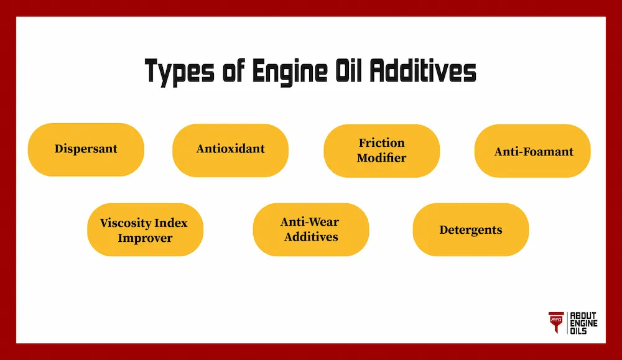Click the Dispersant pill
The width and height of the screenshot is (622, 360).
pyautogui.click(x=86, y=149)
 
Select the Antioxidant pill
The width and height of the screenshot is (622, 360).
pyautogui.click(x=230, y=149)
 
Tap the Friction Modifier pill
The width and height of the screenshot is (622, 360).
pyautogui.click(x=381, y=150)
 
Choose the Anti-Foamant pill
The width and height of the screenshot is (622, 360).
pyautogui.click(x=533, y=151)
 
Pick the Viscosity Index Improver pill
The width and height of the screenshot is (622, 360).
pyautogui.click(x=144, y=230)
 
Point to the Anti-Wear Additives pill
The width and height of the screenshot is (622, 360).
pyautogui.click(x=310, y=229)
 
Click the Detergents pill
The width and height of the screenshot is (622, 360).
pyautogui.click(x=470, y=230)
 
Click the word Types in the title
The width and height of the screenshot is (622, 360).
pyautogui.click(x=179, y=72)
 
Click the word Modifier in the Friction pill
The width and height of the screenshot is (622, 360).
pyautogui.click(x=381, y=158)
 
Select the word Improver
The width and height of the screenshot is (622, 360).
pyautogui.click(x=144, y=238)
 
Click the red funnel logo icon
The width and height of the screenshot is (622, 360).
pyautogui.click(x=555, y=322)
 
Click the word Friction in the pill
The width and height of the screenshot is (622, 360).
pyautogui.click(x=381, y=143)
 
